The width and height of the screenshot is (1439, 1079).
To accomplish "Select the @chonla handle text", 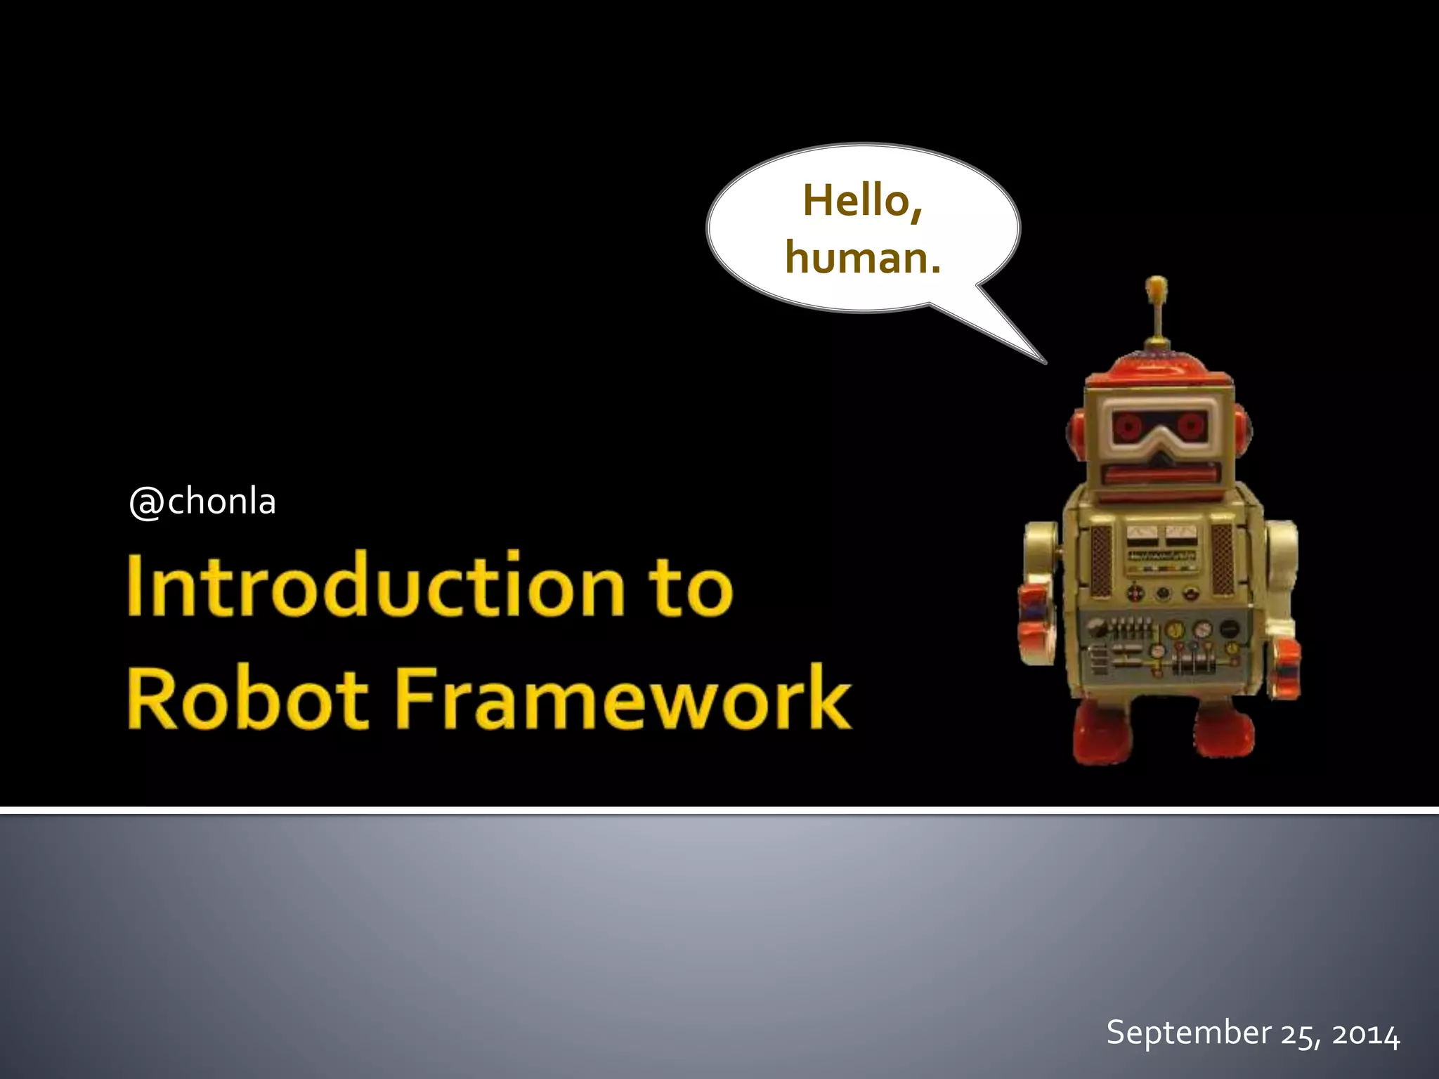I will pyautogui.click(x=202, y=502).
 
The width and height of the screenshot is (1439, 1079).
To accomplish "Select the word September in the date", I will pyautogui.click(x=1188, y=1033).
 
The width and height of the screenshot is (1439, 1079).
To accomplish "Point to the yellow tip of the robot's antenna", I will pyautogui.click(x=1156, y=287).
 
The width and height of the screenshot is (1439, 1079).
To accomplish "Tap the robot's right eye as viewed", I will pyautogui.click(x=1190, y=424).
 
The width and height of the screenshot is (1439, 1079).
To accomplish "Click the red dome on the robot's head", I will pyautogui.click(x=1157, y=368).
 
